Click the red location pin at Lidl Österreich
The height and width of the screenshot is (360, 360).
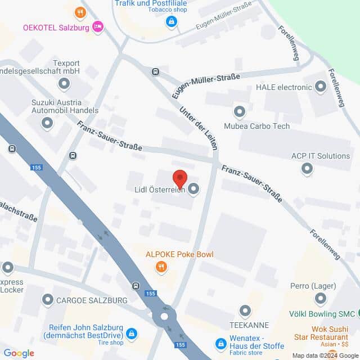tap(179, 178)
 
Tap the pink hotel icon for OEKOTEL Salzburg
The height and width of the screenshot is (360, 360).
tap(98, 26)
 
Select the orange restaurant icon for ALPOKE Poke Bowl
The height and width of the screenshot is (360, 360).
tap(162, 267)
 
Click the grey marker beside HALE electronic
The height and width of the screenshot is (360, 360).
tap(321, 87)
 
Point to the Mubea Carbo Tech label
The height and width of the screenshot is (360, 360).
tap(256, 126)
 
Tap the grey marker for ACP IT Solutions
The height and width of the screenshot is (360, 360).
tap(307, 168)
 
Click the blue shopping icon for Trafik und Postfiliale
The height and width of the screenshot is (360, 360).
tap(171, 22)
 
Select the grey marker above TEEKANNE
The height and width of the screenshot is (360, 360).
tap(245, 310)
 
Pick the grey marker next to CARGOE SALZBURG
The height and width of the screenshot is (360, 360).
tap(47, 301)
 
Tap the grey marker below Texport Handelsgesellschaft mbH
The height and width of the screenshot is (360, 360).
tap(64, 84)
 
